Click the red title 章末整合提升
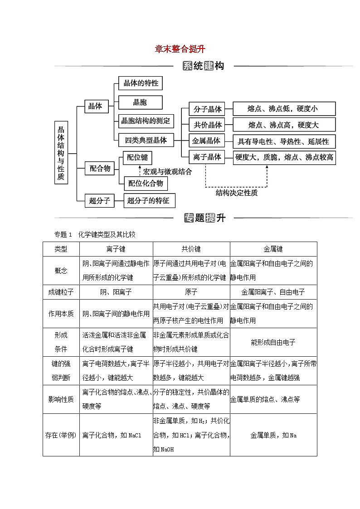click(180, 49)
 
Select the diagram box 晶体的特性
click(141, 83)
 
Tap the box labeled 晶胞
click(140, 102)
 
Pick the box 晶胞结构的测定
click(145, 121)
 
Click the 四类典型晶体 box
click(146, 140)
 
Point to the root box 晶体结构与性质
click(61, 152)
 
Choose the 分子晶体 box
click(207, 109)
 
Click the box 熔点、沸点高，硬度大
click(283, 125)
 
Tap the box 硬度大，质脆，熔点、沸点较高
click(284, 157)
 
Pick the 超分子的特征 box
click(149, 200)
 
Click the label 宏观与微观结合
click(167, 172)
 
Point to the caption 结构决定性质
click(236, 193)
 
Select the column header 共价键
click(191, 249)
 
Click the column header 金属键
click(273, 249)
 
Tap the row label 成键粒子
click(61, 292)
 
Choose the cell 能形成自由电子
click(273, 342)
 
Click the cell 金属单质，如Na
click(273, 435)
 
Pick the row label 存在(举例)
click(61, 435)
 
